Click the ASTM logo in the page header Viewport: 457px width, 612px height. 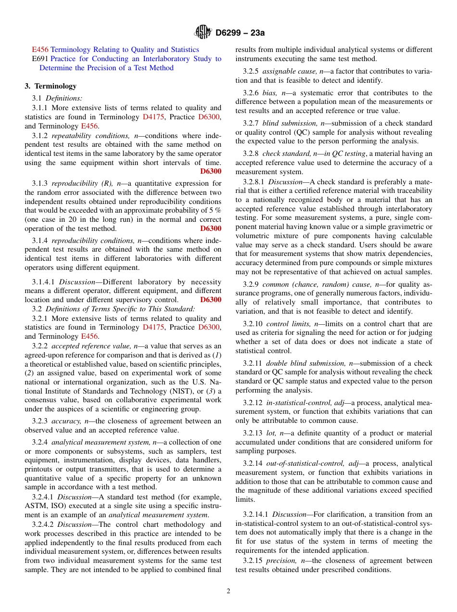pos(203,32)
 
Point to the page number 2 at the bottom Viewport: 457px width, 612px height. pos(228,591)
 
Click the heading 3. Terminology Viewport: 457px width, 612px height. pos(51,86)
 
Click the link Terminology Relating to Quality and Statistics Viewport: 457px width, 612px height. pos(125,50)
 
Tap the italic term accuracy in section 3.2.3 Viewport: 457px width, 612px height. pos(65,421)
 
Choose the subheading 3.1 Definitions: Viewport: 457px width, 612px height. pos(57,98)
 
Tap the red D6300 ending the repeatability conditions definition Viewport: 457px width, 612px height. pos(211,171)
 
